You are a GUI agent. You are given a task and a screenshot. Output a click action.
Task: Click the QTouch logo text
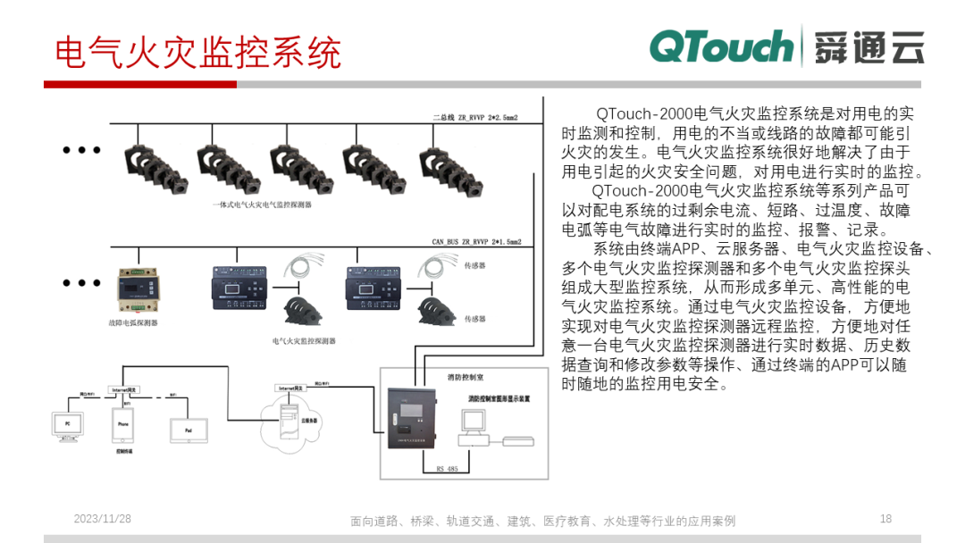pyautogui.click(x=721, y=46)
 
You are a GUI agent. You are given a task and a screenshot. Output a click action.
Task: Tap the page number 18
pyautogui.click(x=885, y=519)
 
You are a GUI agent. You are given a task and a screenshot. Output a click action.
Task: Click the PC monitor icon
pyautogui.click(x=66, y=426)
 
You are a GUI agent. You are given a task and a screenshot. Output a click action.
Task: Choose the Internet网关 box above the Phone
pyautogui.click(x=124, y=390)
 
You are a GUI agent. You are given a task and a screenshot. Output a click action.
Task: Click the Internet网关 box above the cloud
pyautogui.click(x=294, y=388)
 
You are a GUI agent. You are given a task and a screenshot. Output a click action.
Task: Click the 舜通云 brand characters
pyautogui.click(x=868, y=47)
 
